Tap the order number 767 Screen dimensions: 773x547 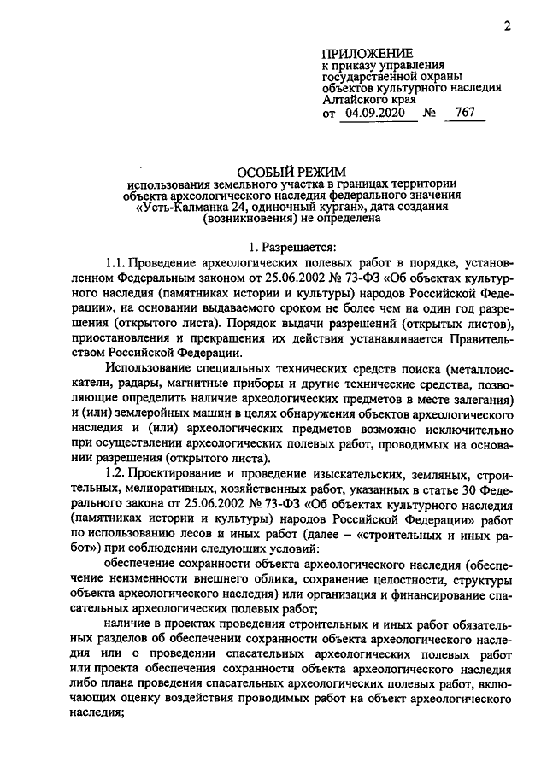click(466, 113)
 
